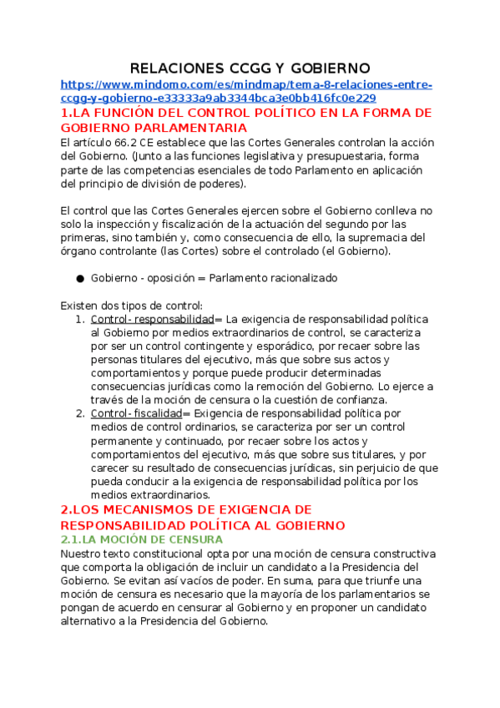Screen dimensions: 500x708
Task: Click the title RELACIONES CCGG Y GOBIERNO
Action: (250, 68)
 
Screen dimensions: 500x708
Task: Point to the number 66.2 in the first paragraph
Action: (125, 142)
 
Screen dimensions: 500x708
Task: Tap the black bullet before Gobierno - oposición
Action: (80, 278)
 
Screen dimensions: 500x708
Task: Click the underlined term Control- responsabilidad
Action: (152, 319)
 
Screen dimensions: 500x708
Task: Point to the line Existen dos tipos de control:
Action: (132, 306)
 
